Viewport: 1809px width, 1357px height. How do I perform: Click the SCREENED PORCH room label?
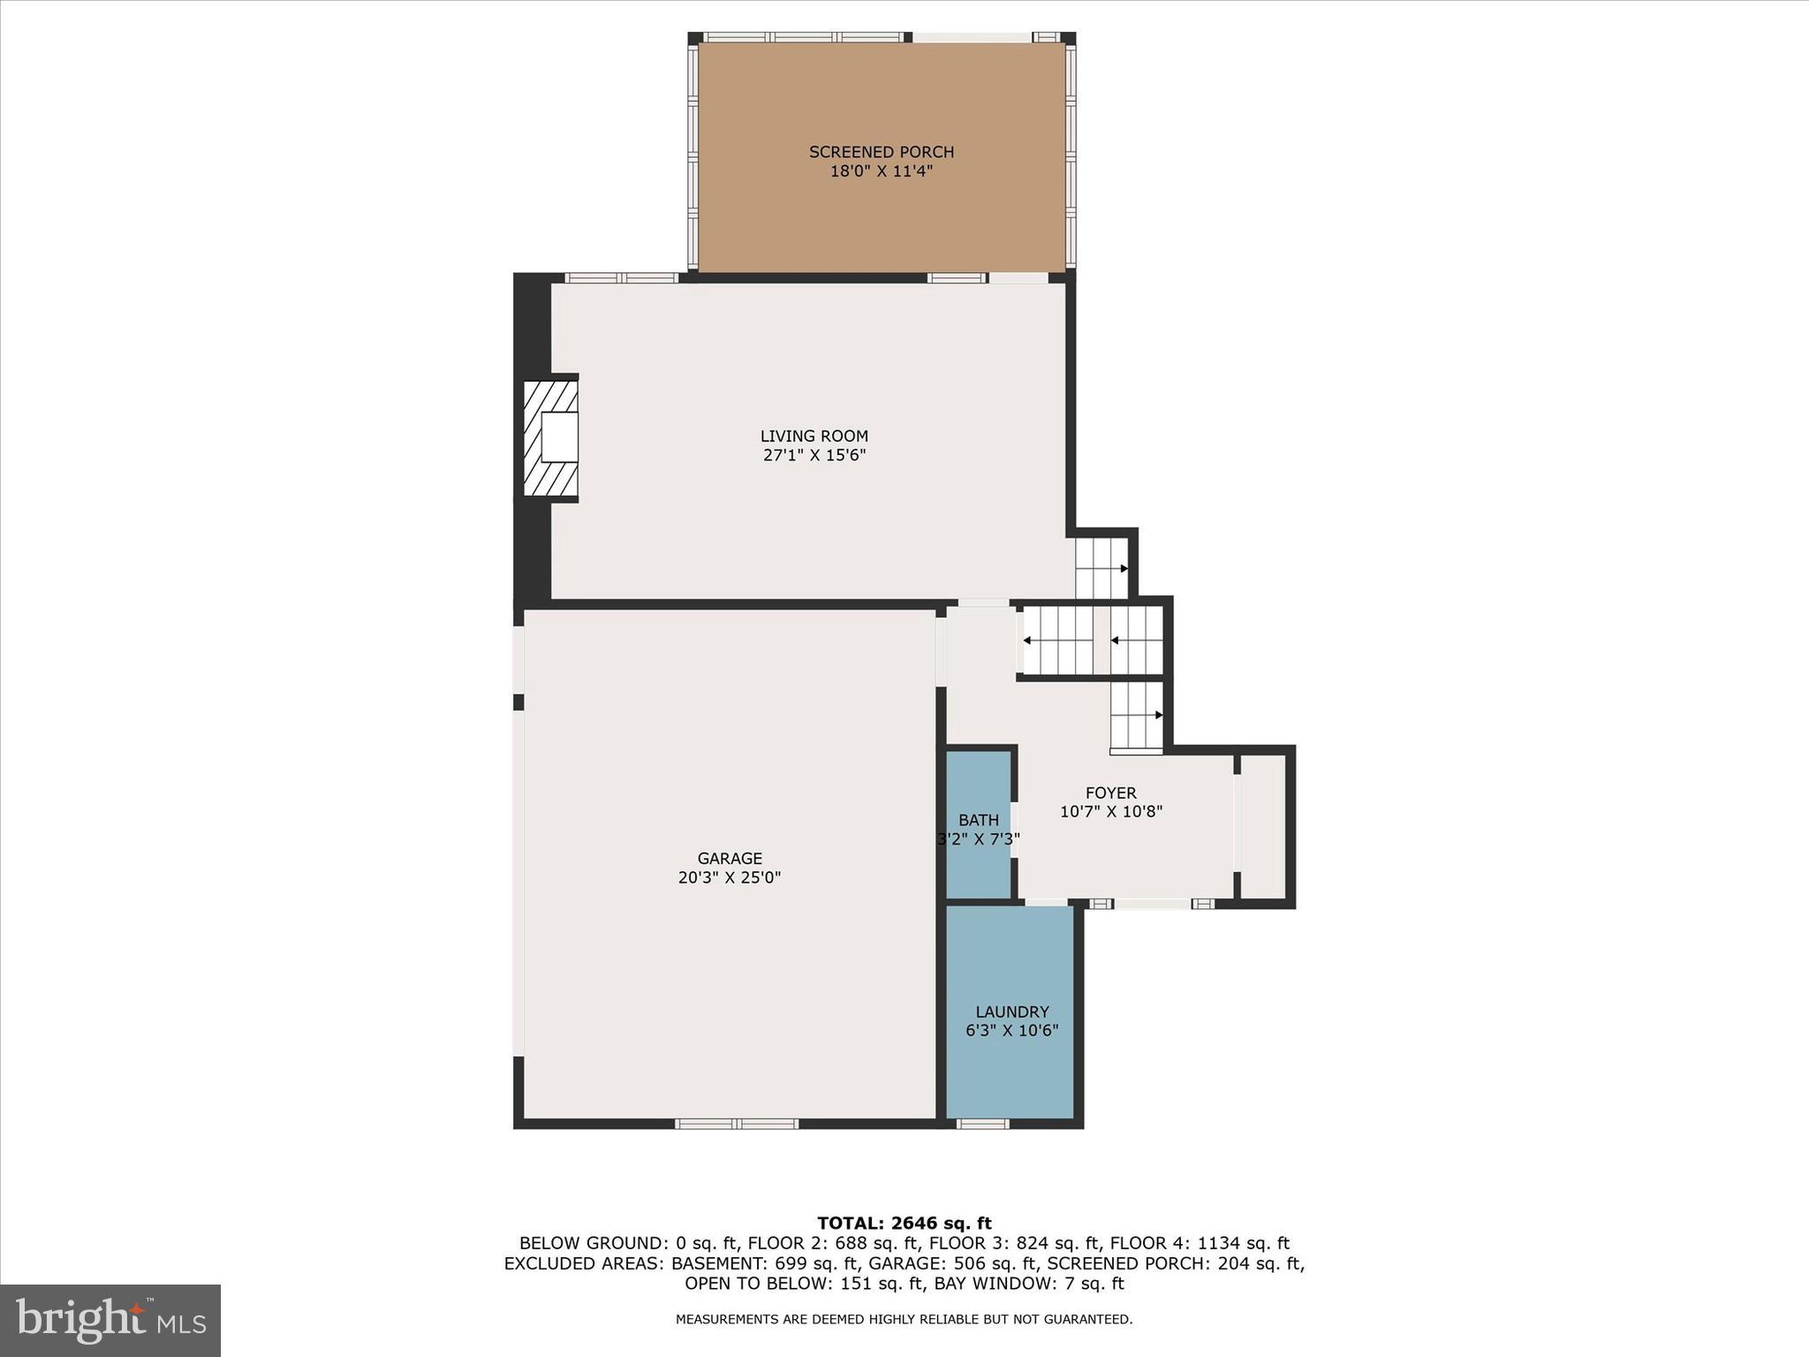click(x=882, y=152)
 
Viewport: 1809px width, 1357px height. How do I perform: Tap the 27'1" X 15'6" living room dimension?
click(x=814, y=456)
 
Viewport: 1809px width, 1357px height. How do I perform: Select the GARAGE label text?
click(x=730, y=858)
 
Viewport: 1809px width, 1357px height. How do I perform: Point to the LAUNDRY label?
click(x=1012, y=1012)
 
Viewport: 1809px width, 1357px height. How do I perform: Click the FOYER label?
click(x=1110, y=793)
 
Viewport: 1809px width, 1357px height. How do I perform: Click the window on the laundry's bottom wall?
click(x=982, y=1124)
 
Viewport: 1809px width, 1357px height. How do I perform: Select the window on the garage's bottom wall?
click(x=737, y=1124)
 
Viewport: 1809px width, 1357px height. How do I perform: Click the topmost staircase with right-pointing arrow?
click(x=1101, y=568)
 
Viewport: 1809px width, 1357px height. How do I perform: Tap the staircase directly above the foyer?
click(x=1136, y=716)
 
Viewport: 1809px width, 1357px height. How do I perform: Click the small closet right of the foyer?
click(x=1263, y=826)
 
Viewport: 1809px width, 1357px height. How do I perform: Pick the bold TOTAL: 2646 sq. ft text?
click(x=904, y=1224)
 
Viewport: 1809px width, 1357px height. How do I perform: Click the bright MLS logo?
click(x=110, y=1320)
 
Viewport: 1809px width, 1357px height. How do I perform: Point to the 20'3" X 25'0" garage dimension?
click(x=730, y=878)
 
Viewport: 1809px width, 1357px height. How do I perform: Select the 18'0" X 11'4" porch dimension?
click(x=882, y=171)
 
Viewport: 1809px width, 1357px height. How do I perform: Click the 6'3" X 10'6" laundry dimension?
click(x=1012, y=1031)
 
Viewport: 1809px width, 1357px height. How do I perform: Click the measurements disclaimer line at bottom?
click(x=904, y=1319)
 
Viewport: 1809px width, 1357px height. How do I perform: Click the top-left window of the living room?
click(x=622, y=277)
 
